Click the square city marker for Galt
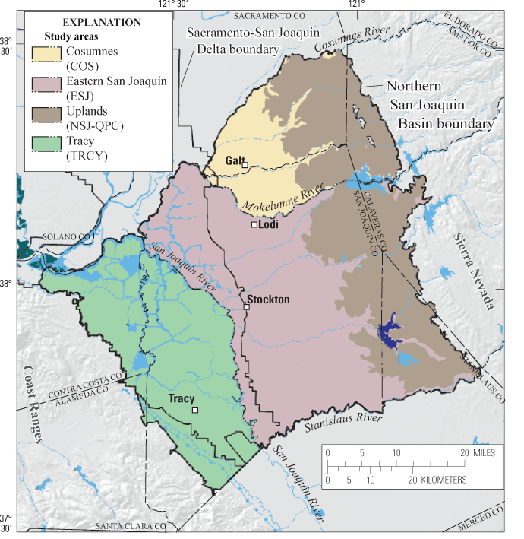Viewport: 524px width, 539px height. pos(245,165)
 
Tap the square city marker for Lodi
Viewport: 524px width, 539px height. pos(255,224)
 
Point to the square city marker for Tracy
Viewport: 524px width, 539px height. pos(195,411)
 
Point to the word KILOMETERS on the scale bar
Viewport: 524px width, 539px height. pos(437,480)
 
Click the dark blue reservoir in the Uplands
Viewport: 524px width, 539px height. pos(388,331)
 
